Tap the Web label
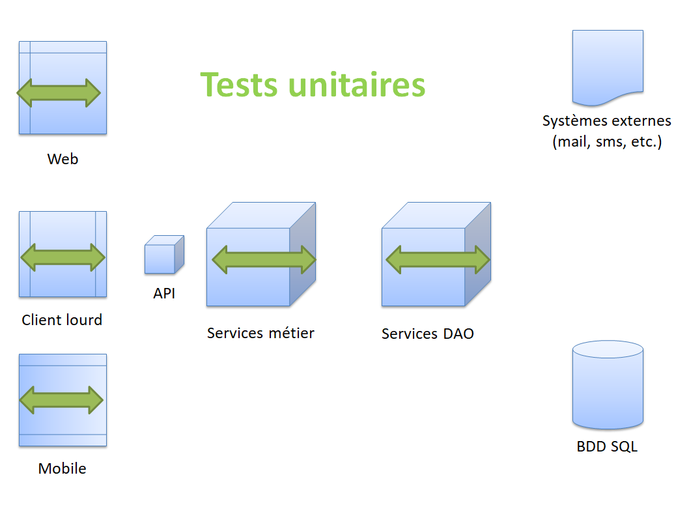click(x=63, y=159)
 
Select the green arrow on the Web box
click(x=59, y=93)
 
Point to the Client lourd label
click(x=62, y=320)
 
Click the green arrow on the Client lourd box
click(x=63, y=257)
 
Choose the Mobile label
click(x=62, y=468)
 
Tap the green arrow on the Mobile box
click(x=62, y=399)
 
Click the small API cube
click(x=163, y=255)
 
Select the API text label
click(x=164, y=294)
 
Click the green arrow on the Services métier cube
click(x=264, y=259)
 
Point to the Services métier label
click(x=260, y=333)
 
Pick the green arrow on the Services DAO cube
click(x=438, y=259)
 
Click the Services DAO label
click(x=428, y=334)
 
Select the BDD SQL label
click(x=607, y=447)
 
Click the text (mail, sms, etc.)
click(x=607, y=142)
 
